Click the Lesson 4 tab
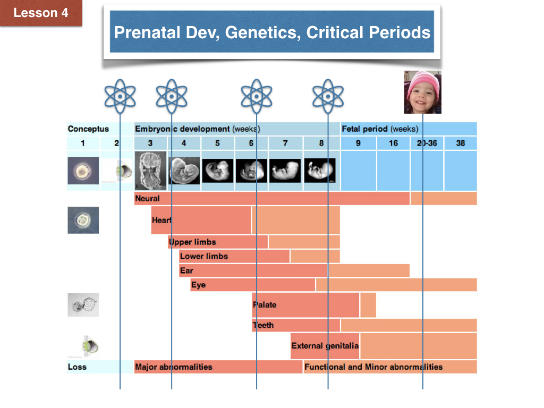[41, 13]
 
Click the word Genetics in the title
[262, 33]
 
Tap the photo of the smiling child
[422, 92]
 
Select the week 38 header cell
[461, 143]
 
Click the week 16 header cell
[393, 143]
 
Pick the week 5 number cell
[217, 143]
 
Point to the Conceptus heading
[88, 129]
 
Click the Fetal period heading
[379, 129]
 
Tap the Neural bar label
[148, 199]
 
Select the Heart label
[161, 220]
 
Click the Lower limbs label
[204, 256]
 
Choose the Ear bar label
[186, 270]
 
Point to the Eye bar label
[198, 285]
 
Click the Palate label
[265, 304]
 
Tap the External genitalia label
[325, 345]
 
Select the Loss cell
[77, 367]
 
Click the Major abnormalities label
[174, 367]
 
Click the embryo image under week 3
[150, 171]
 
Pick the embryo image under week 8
[320, 171]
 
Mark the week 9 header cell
[358, 143]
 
